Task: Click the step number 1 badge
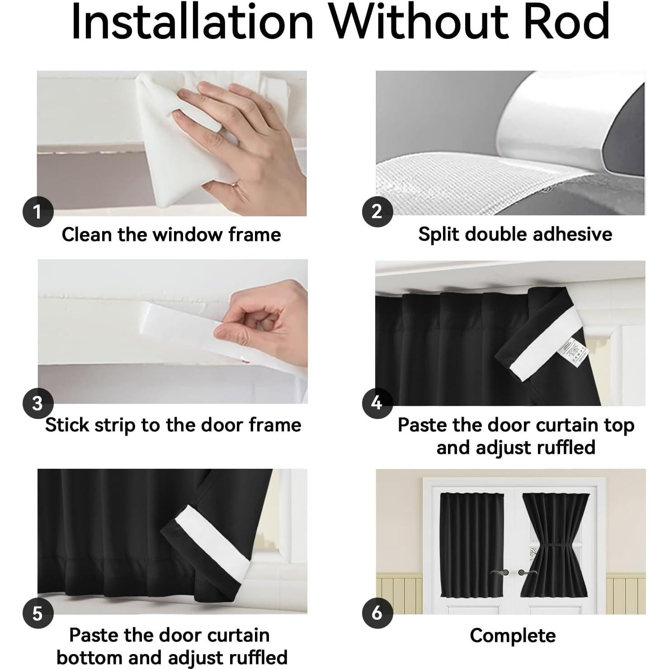pos(38,211)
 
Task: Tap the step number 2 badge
pos(377,211)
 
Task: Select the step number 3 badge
pos(38,403)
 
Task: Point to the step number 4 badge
pos(377,402)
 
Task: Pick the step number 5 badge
pos(38,613)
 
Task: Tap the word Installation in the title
pos(192,22)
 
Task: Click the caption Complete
pos(513,636)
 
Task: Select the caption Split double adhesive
pos(515,234)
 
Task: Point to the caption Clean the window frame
pos(171,235)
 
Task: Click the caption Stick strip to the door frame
pos(173,425)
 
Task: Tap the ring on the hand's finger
pos(235,183)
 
